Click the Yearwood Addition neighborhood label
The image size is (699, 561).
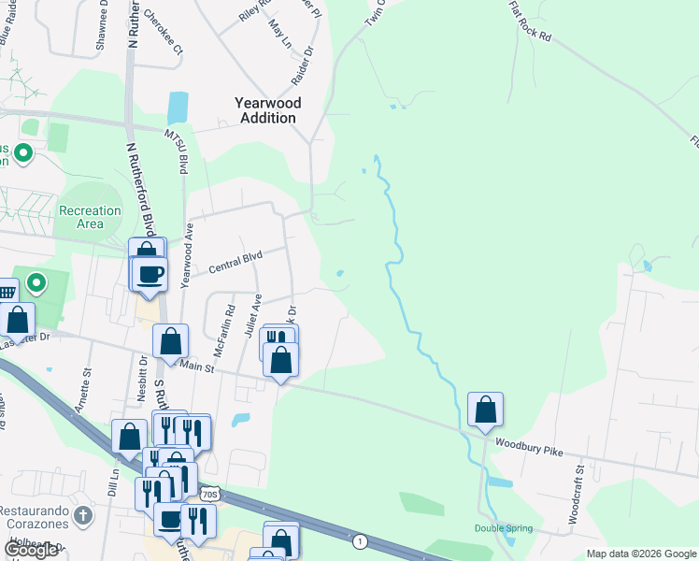268,110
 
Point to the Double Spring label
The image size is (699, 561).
503,528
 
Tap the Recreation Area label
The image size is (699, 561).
90,217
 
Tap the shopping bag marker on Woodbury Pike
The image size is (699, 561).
485,410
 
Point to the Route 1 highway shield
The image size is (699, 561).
359,540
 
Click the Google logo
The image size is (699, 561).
31,549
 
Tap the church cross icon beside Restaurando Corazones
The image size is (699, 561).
82,515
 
